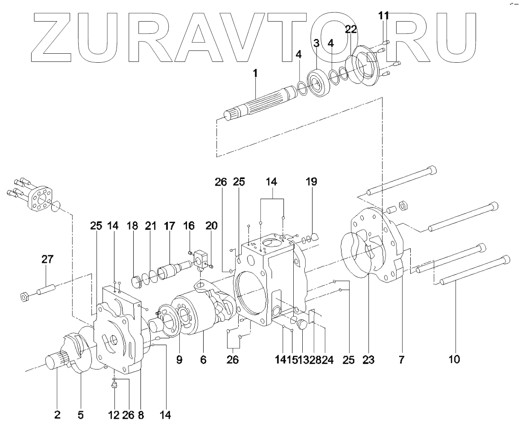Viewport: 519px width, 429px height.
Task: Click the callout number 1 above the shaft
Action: [x=255, y=74]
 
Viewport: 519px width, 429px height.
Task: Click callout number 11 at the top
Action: [x=383, y=16]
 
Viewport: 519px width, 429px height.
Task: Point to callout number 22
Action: [x=351, y=29]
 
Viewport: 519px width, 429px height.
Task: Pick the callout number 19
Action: [x=311, y=182]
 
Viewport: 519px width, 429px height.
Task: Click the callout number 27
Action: [x=47, y=259]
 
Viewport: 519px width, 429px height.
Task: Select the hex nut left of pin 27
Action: [x=24, y=297]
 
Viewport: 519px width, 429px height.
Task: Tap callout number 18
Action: [x=132, y=226]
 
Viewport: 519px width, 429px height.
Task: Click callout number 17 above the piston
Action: [x=169, y=226]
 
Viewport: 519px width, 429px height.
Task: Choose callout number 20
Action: [x=212, y=226]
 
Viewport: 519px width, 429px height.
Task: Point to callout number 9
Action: [x=179, y=360]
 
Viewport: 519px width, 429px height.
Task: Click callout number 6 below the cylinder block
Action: [x=203, y=360]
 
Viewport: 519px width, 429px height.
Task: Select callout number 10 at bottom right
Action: [x=454, y=360]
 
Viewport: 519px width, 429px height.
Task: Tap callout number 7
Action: [x=401, y=360]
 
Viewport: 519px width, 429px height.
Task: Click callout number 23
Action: [x=369, y=360]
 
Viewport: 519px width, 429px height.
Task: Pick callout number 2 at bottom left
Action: [x=57, y=415]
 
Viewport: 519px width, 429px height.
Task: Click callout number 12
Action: [x=114, y=415]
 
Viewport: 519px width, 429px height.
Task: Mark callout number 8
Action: [x=141, y=415]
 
